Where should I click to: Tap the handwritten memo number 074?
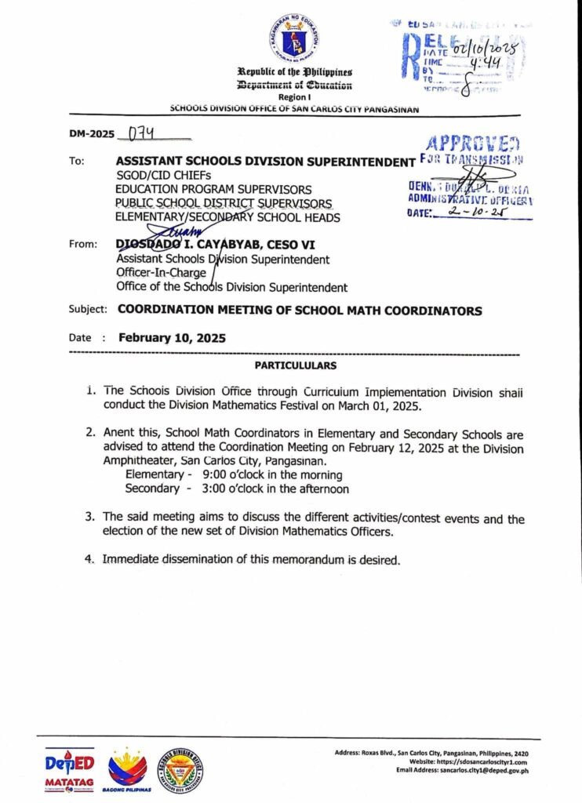pos(133,134)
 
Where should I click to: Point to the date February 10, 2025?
pos(172,339)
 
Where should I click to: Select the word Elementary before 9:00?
pos(157,475)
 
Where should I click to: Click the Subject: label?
pos(89,311)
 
